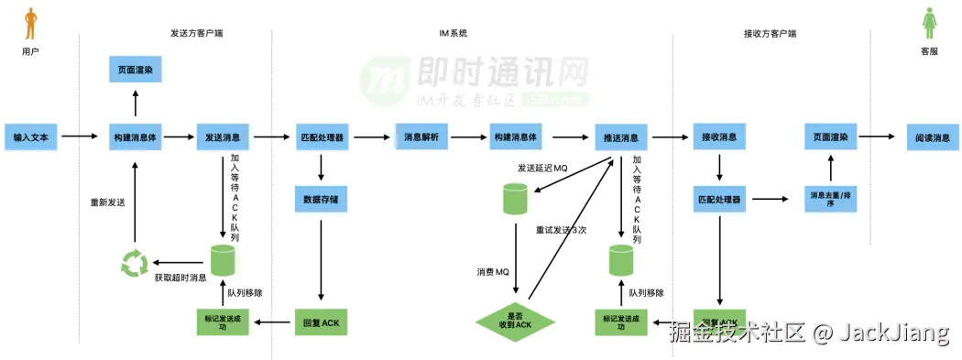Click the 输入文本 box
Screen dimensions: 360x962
(x=31, y=137)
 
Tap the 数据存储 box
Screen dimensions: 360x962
(x=321, y=198)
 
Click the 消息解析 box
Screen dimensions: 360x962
(x=421, y=137)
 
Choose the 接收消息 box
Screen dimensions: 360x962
(x=718, y=137)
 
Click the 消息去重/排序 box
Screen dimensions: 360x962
(x=832, y=199)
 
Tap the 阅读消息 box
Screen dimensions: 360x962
(x=933, y=137)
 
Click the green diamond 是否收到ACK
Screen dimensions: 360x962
(x=516, y=322)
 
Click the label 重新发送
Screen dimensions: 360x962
(x=106, y=202)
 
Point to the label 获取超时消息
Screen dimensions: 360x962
(x=180, y=278)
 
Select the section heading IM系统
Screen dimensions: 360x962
(x=454, y=33)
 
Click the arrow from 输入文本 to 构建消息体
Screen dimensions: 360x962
(x=80, y=137)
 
